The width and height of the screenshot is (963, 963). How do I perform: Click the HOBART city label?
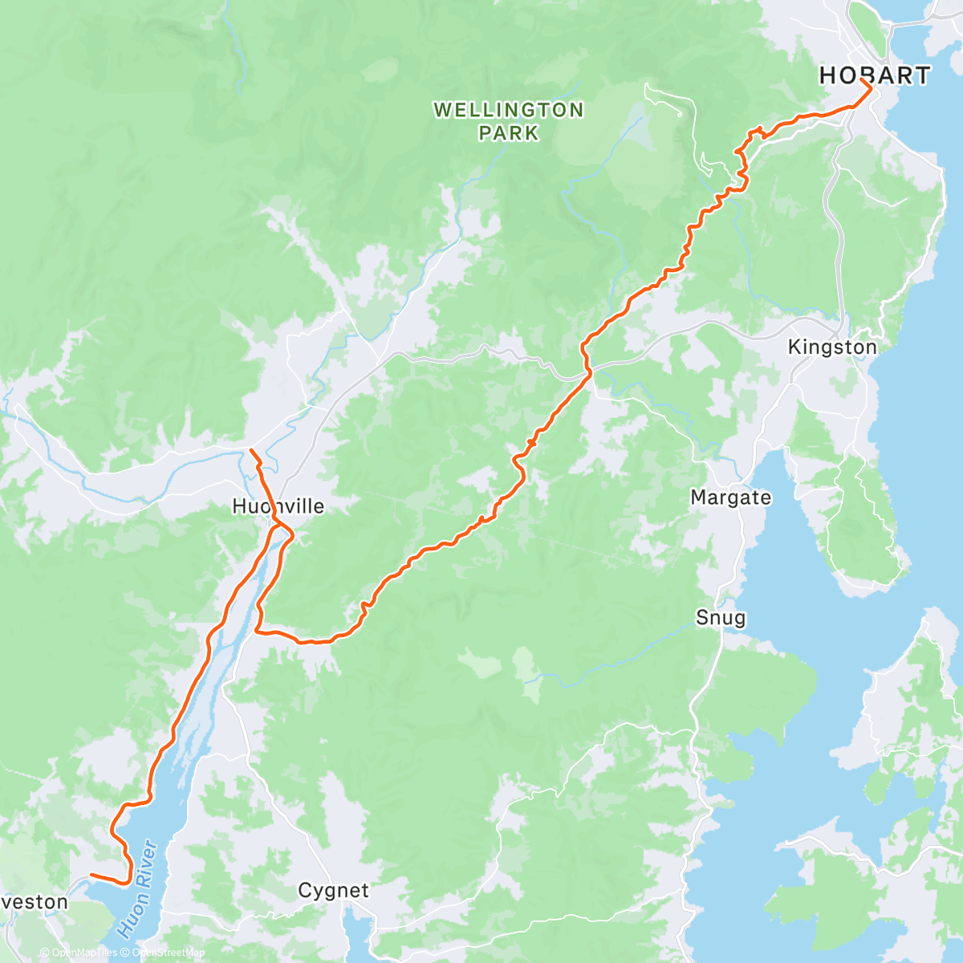[x=874, y=75]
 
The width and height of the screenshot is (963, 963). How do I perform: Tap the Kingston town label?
[x=832, y=347]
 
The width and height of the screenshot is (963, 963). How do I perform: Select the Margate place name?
[x=730, y=498]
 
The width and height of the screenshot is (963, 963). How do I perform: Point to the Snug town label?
[x=720, y=618]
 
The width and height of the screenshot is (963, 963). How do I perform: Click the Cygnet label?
[x=333, y=891]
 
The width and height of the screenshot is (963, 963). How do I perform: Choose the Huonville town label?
[x=278, y=506]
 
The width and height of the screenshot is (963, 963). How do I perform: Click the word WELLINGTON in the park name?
[x=509, y=110]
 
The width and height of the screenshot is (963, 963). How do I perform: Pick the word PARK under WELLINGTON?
[x=509, y=132]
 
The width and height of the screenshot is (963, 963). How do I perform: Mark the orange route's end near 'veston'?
[x=91, y=875]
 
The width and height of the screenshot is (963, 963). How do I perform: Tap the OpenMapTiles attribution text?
[x=83, y=953]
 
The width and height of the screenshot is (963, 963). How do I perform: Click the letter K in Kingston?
[x=794, y=347]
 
